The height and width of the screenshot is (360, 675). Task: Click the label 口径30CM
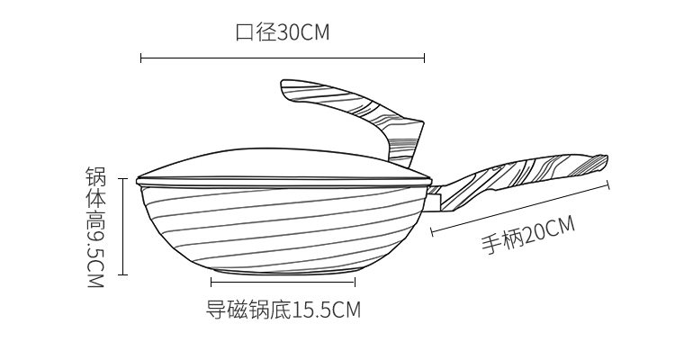283,32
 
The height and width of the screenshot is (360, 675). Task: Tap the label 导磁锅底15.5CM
283,310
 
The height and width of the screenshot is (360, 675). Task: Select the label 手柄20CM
527,235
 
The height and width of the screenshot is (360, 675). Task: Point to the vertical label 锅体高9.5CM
95,227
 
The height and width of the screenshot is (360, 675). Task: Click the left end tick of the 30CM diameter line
141,58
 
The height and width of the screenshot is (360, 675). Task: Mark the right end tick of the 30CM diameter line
425,58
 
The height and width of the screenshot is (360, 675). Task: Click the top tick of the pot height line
123,178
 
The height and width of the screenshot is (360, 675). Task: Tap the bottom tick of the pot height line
123,274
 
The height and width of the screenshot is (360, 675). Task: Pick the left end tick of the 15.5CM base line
211,283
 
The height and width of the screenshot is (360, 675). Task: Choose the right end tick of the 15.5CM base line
355,283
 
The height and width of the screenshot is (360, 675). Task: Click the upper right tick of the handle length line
608,184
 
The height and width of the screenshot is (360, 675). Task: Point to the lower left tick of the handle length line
432,232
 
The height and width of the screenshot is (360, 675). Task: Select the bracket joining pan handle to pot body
435,198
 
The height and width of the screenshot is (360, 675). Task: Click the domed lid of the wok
283,166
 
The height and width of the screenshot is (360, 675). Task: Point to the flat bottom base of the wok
283,271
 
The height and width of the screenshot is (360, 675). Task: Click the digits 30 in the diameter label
287,32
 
